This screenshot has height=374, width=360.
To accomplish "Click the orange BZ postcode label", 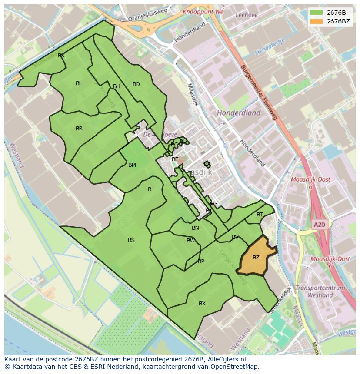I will click(x=256, y=258).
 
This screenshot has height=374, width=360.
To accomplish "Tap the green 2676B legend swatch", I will click(x=317, y=12).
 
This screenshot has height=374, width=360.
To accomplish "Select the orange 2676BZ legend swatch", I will click(x=317, y=21).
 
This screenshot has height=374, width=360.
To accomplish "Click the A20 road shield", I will click(x=319, y=225).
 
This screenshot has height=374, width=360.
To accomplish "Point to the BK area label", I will click(x=61, y=56).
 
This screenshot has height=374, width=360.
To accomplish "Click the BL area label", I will click(x=79, y=83).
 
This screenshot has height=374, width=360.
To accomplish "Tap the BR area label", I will click(x=79, y=129).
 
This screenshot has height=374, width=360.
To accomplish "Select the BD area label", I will click(x=136, y=84).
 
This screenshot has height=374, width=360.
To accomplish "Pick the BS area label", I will click(x=131, y=240).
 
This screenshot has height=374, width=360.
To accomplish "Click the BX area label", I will click(x=202, y=304).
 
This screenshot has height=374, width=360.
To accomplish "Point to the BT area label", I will click(x=260, y=215).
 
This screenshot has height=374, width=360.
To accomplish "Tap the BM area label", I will click(x=132, y=165).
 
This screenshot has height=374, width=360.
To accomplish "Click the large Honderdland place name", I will click(x=239, y=113).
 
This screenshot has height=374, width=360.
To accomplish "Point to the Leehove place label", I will click(x=247, y=14).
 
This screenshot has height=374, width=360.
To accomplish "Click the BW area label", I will click(x=191, y=241).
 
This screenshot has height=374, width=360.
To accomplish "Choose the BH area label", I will click(x=117, y=86).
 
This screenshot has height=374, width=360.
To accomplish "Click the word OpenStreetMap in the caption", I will click(x=233, y=367).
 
